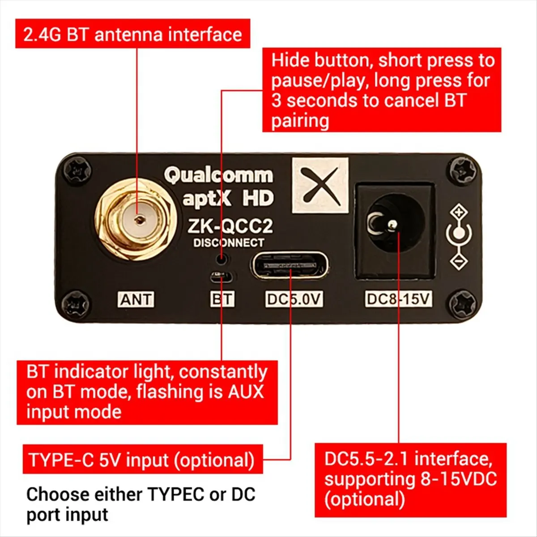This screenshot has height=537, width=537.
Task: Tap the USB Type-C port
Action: point(289,266)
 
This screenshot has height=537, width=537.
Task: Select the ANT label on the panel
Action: point(136,299)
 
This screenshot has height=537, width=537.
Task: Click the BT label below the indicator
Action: point(222,299)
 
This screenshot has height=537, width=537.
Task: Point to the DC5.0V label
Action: point(294,299)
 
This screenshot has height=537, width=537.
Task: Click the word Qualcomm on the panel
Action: point(218,175)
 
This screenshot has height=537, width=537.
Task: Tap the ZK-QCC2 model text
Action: point(230,226)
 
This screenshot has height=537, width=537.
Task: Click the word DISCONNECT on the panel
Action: point(229,243)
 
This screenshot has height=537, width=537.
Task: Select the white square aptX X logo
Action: point(320,185)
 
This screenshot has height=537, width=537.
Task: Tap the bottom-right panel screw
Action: point(461,306)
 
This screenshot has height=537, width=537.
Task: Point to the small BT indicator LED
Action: point(221,277)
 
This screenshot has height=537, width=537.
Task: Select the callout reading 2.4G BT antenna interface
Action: point(132,34)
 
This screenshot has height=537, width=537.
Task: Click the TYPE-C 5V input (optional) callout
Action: point(142,460)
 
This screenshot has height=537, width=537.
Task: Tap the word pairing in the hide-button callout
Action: point(300,121)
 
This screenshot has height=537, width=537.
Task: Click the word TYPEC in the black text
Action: point(176,494)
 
